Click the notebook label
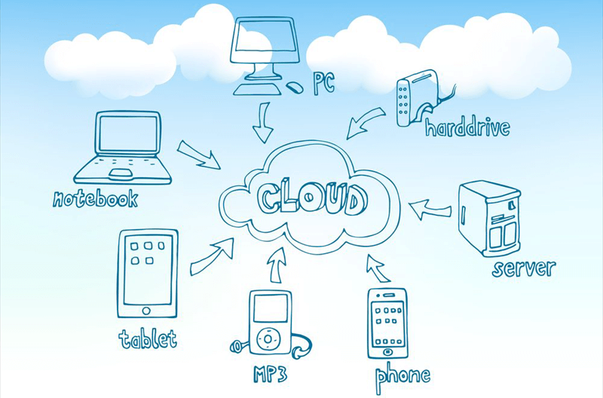pos(96,199)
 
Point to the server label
pos(523,268)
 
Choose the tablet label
pos(147,338)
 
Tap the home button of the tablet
pos(147,309)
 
